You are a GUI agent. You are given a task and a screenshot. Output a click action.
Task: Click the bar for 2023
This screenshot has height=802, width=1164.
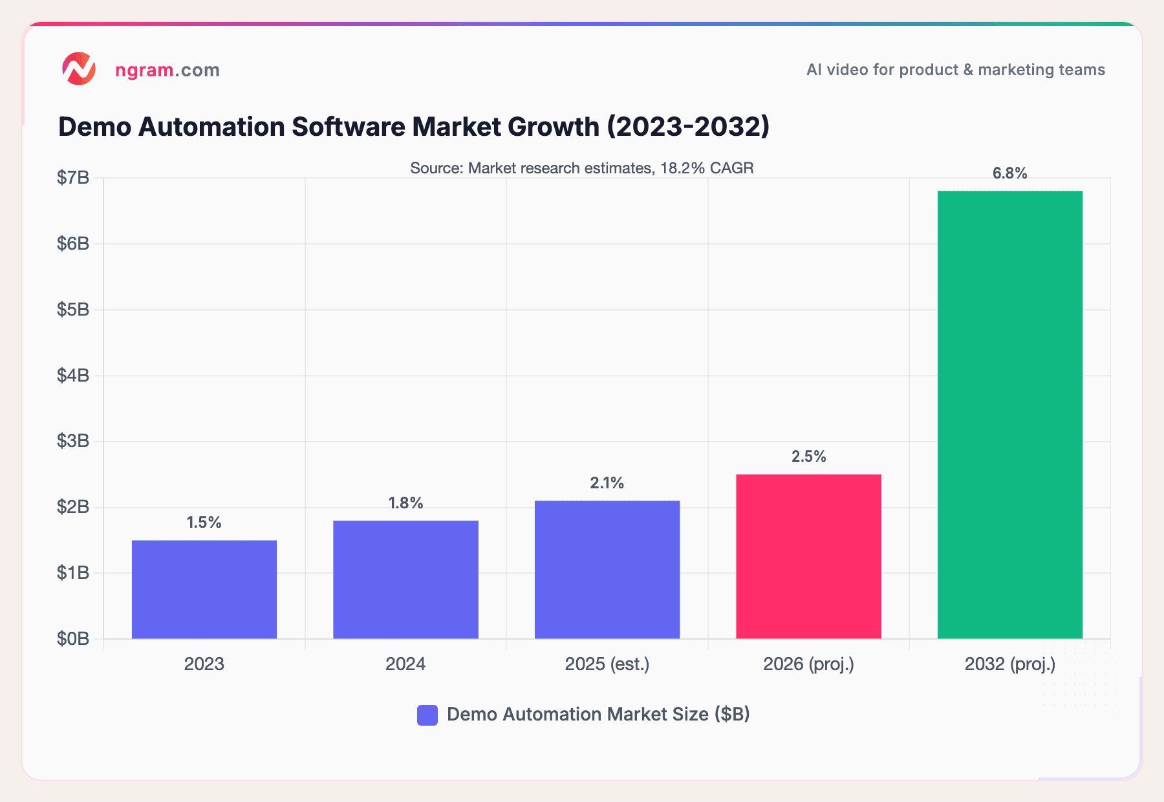(x=204, y=589)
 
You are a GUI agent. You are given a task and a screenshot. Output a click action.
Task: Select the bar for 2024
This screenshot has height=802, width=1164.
(x=405, y=580)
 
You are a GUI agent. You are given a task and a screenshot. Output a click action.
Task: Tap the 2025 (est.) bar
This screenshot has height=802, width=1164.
(x=607, y=569)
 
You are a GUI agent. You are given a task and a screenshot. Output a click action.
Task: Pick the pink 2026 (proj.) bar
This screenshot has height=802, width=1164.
(x=808, y=556)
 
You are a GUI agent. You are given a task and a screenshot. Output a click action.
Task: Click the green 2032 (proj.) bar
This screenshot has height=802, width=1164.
(x=1009, y=414)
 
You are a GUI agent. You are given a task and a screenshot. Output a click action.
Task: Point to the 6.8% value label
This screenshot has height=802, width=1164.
(x=1009, y=173)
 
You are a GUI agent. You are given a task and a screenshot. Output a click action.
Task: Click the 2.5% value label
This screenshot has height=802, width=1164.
(x=808, y=457)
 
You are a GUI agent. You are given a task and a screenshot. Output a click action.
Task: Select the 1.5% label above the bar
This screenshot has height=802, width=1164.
(x=204, y=523)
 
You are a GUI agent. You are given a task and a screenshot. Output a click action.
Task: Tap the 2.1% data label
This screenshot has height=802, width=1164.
(x=607, y=483)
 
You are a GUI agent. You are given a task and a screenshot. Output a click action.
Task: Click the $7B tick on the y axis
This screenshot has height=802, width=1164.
(x=73, y=178)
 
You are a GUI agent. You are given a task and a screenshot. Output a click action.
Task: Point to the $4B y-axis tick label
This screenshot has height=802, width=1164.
(x=73, y=375)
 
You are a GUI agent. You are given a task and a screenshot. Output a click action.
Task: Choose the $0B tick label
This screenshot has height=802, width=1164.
(x=73, y=639)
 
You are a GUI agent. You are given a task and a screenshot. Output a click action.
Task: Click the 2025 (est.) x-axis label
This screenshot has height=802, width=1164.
(x=607, y=664)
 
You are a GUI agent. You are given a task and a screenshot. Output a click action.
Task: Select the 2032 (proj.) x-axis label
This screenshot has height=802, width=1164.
(x=1009, y=664)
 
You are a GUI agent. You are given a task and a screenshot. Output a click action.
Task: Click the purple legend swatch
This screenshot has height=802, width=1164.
(x=427, y=715)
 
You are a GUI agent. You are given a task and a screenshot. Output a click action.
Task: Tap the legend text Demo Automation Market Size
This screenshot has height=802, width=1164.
(x=598, y=714)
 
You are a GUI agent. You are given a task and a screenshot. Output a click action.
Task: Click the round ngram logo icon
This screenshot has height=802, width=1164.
(x=79, y=69)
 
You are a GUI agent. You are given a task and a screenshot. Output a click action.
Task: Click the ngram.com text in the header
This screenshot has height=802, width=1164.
(x=167, y=70)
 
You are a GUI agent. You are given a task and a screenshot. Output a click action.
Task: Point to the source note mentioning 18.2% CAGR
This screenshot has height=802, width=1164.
(x=581, y=168)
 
